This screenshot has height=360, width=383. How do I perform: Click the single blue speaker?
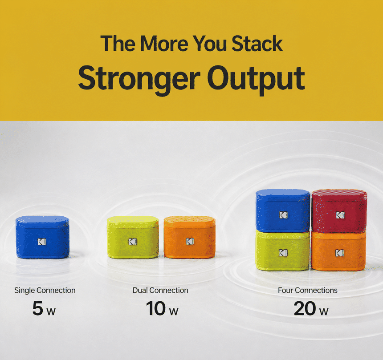tap(42, 237)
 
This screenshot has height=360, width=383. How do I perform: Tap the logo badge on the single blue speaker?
tap(42, 242)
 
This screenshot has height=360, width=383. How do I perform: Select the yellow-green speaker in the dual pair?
tap(133, 237)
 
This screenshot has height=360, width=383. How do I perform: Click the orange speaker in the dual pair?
tap(190, 237)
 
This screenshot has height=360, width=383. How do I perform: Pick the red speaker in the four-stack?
tap(339, 211)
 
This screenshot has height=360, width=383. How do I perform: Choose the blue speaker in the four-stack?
tap(283, 210)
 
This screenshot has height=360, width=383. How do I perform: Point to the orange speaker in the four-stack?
tap(338, 251)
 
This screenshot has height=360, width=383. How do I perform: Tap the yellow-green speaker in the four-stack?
tap(283, 251)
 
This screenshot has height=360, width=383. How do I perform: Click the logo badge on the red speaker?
tap(340, 215)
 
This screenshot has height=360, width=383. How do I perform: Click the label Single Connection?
tap(45, 290)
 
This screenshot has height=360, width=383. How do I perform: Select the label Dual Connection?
tap(160, 290)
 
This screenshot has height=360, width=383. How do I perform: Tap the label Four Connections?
tap(308, 290)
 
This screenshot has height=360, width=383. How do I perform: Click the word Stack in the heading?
tap(257, 44)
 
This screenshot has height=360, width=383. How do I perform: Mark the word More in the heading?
tap(164, 44)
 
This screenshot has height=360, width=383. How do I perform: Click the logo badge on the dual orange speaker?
tap(190, 241)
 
